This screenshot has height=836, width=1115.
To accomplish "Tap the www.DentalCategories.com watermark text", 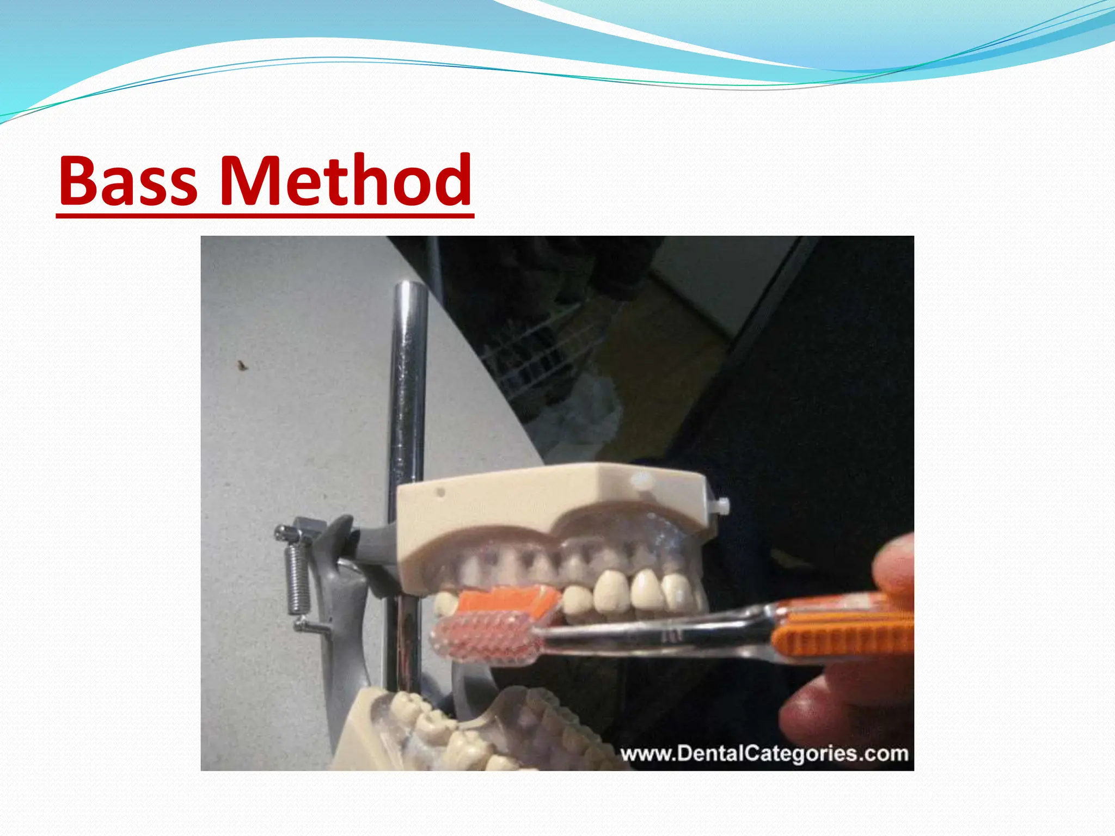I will (764, 754).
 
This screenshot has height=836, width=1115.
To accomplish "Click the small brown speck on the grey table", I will (241, 365).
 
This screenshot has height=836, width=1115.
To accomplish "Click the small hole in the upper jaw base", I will (441, 493).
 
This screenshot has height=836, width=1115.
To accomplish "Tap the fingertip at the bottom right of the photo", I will (817, 713).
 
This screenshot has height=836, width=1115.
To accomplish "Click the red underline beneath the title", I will (265, 217).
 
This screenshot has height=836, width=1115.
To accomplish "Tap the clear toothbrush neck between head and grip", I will (653, 631).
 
